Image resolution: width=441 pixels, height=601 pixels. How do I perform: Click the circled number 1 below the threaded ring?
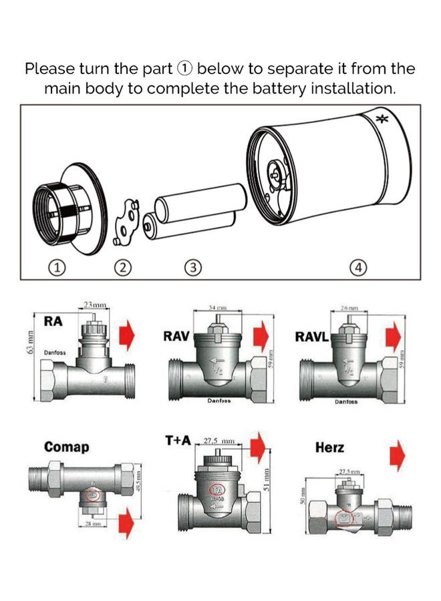[x=58, y=268]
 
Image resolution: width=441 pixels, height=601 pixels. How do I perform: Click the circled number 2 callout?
[x=122, y=268]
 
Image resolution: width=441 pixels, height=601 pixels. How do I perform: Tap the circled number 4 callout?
[x=359, y=268]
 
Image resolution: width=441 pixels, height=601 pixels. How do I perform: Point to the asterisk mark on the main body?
[x=382, y=121]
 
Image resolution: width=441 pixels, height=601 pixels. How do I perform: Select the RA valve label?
[x=53, y=322]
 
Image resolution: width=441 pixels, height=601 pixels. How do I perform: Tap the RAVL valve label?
[x=311, y=337]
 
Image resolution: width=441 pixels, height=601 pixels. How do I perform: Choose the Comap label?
[x=66, y=447]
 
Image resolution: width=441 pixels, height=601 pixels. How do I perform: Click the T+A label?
[x=178, y=441]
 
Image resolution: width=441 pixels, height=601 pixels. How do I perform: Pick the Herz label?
[x=329, y=447]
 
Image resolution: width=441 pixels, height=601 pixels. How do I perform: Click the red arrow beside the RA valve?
[x=127, y=335]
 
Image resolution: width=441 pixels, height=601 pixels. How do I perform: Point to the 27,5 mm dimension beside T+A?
[x=220, y=441]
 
